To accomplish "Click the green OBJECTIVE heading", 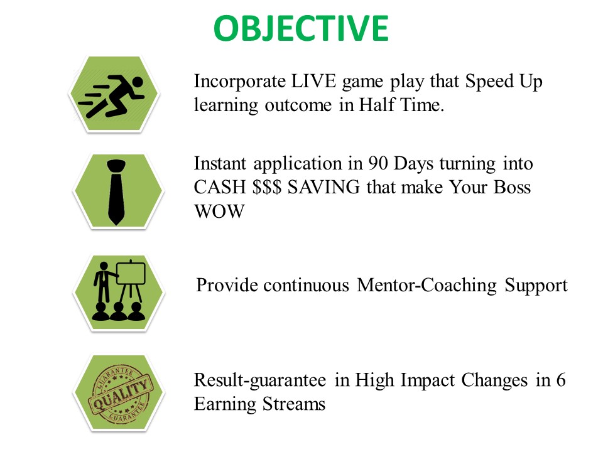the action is click(x=301, y=28).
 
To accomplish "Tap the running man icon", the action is click(x=112, y=97).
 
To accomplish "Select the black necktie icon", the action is click(x=116, y=192).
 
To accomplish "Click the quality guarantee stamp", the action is click(x=119, y=395).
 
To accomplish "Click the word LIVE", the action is click(x=313, y=81).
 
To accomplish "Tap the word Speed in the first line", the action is click(x=489, y=82).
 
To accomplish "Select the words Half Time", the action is click(x=401, y=105).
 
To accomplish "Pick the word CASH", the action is click(x=220, y=187).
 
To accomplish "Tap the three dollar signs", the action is click(x=267, y=187).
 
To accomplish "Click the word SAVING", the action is click(x=324, y=187).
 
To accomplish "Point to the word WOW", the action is click(x=220, y=211).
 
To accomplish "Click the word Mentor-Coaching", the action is click(x=427, y=286).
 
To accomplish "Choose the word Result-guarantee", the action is click(x=260, y=380).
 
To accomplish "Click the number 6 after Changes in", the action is click(x=561, y=380).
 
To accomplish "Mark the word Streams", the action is click(x=294, y=404).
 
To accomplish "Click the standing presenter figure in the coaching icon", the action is click(x=102, y=282).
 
